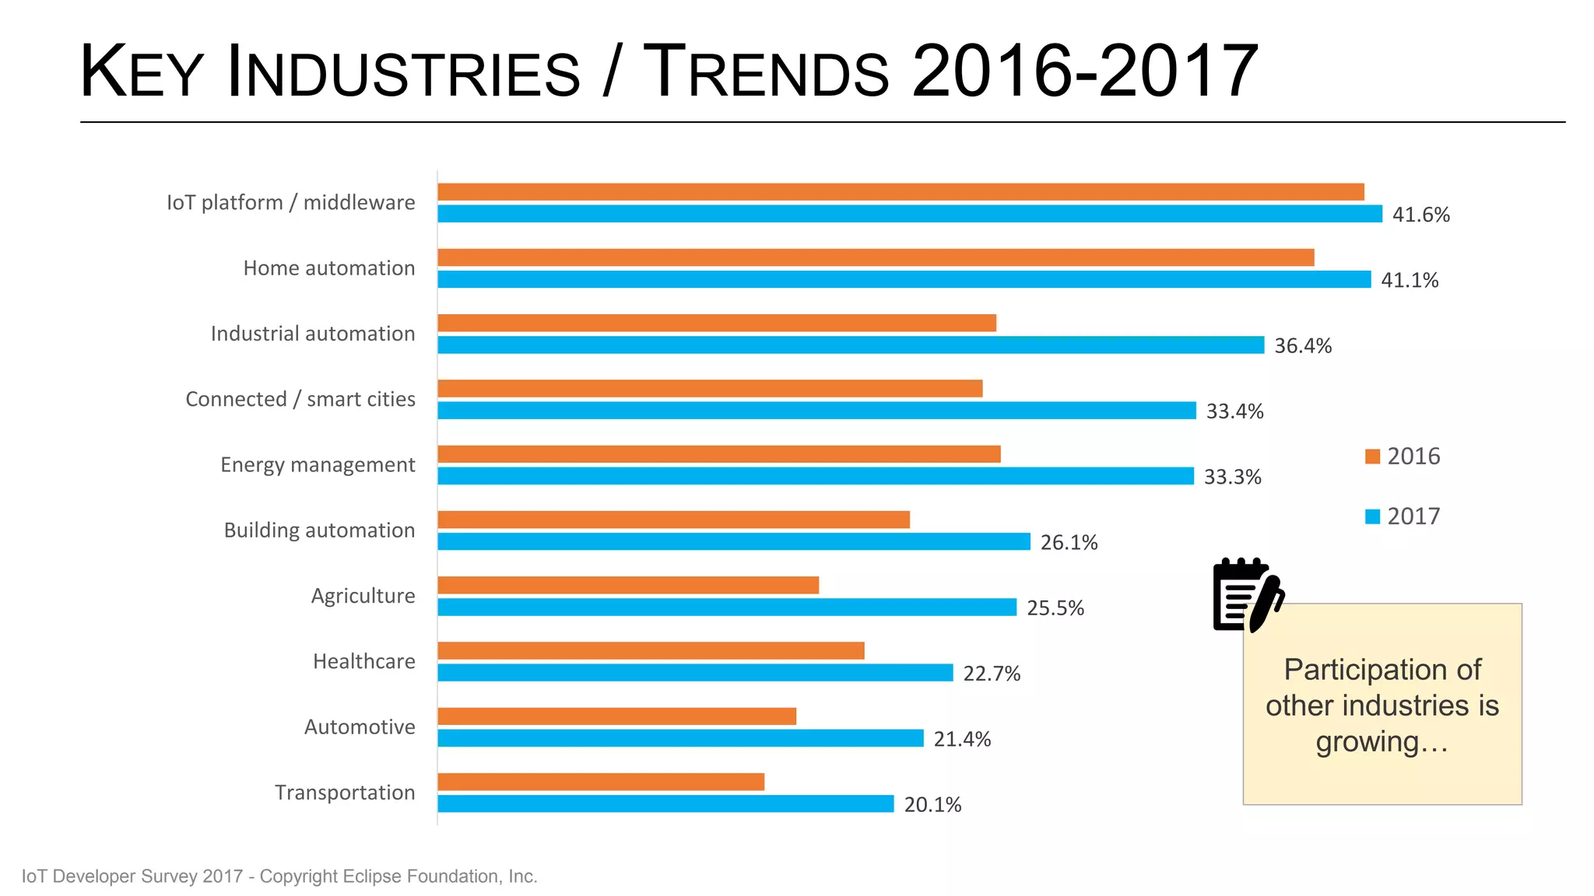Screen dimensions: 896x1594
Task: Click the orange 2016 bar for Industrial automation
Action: pyautogui.click(x=716, y=323)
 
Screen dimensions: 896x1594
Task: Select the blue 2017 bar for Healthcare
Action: pyautogui.click(x=694, y=673)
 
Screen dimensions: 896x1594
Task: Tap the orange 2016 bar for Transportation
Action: pyautogui.click(x=600, y=782)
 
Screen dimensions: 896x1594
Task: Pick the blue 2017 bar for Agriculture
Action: pyautogui.click(x=726, y=607)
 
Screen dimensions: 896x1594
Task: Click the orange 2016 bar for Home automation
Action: pyautogui.click(x=875, y=257)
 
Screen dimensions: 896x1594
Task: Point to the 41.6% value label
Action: pyautogui.click(x=1420, y=215)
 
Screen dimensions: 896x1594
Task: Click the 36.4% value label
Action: pyautogui.click(x=1302, y=346)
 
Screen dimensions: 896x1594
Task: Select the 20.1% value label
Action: pyautogui.click(x=932, y=805)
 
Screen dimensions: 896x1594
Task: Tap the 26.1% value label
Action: pyautogui.click(x=1068, y=543)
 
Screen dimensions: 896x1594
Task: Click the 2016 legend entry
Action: pyautogui.click(x=1403, y=457)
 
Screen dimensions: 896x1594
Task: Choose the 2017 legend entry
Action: pyautogui.click(x=1403, y=516)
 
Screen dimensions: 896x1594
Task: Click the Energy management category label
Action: pyautogui.click(x=318, y=465)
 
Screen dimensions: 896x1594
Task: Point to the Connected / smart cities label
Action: pyautogui.click(x=300, y=399)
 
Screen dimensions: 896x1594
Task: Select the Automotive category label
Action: pyautogui.click(x=359, y=727)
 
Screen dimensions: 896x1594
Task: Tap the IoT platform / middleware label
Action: pyautogui.click(x=290, y=203)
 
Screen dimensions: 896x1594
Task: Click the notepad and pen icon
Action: pyautogui.click(x=1247, y=595)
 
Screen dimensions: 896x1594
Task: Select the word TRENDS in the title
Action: pyautogui.click(x=767, y=72)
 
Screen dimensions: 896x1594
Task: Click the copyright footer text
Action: pyautogui.click(x=279, y=877)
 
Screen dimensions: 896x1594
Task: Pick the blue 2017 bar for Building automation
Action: pyautogui.click(x=733, y=542)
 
